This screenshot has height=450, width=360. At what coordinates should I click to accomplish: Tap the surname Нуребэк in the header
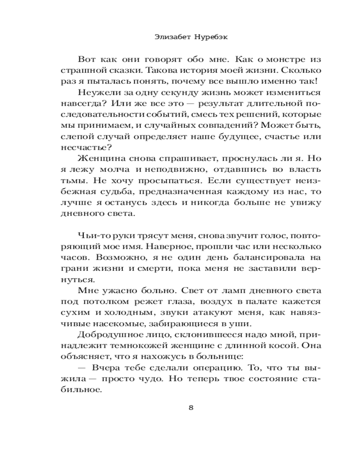pos(209,38)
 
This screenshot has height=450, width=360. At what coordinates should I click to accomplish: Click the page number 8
pos(191,408)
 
